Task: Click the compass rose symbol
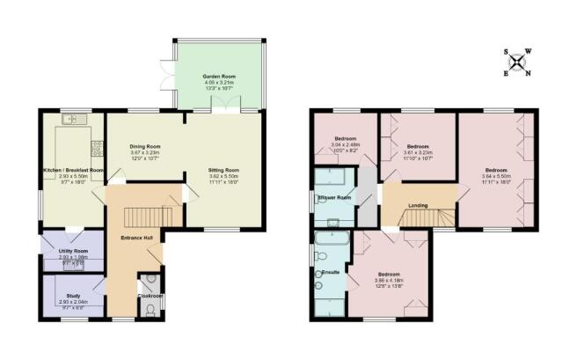coord(521,62)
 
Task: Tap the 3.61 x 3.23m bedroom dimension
coord(418,152)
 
